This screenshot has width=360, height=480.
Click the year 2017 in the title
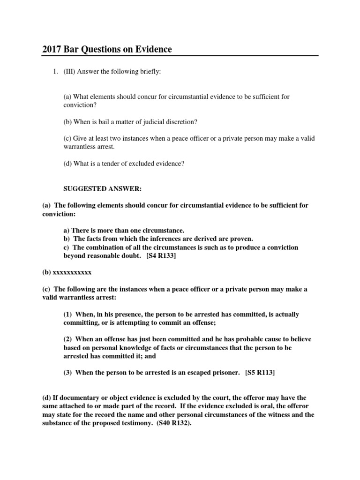click(52, 49)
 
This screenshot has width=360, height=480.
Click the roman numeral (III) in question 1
click(69, 71)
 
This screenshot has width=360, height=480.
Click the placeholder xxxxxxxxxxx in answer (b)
click(72, 272)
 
